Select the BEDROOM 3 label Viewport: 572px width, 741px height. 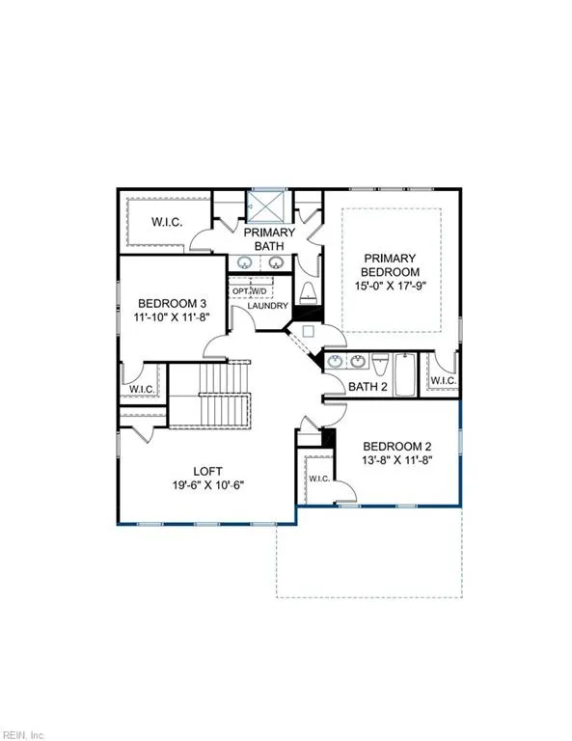click(x=173, y=302)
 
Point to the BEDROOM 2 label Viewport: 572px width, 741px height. click(x=395, y=446)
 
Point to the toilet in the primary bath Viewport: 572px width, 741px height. click(x=306, y=292)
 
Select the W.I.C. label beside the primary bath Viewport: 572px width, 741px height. click(x=166, y=222)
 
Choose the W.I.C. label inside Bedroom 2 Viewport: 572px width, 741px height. click(x=318, y=479)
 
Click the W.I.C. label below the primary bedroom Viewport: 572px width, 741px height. click(x=443, y=381)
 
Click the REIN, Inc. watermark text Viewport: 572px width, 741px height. click(x=21, y=735)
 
